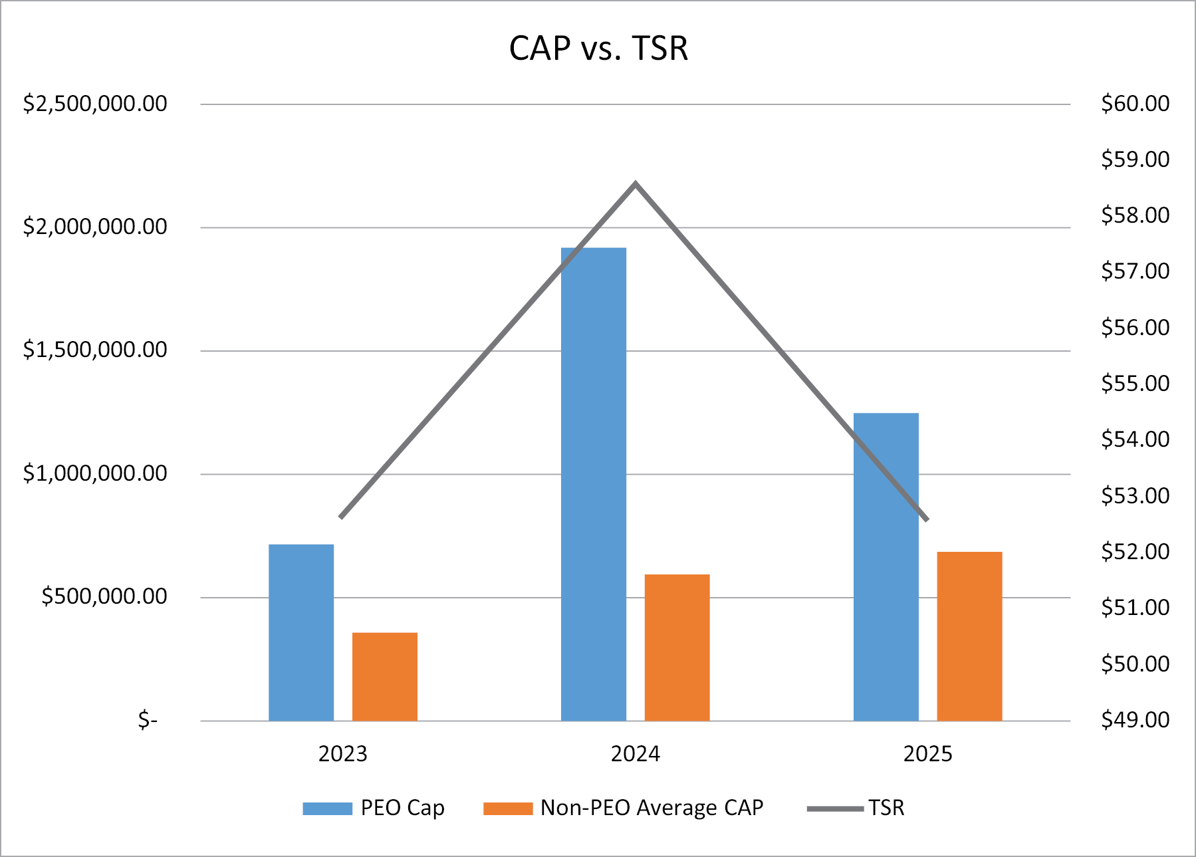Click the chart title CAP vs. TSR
(x=598, y=49)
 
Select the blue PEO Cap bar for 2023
(x=301, y=632)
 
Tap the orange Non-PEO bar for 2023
(x=384, y=676)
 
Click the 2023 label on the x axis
(x=342, y=754)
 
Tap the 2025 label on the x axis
(x=927, y=754)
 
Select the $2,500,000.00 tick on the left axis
(x=95, y=104)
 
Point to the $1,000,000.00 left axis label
(x=95, y=473)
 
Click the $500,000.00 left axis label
(x=104, y=596)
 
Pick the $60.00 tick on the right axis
(x=1135, y=104)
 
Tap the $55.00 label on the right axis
(x=1135, y=384)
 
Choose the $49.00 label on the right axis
(x=1135, y=719)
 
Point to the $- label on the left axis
(x=148, y=719)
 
